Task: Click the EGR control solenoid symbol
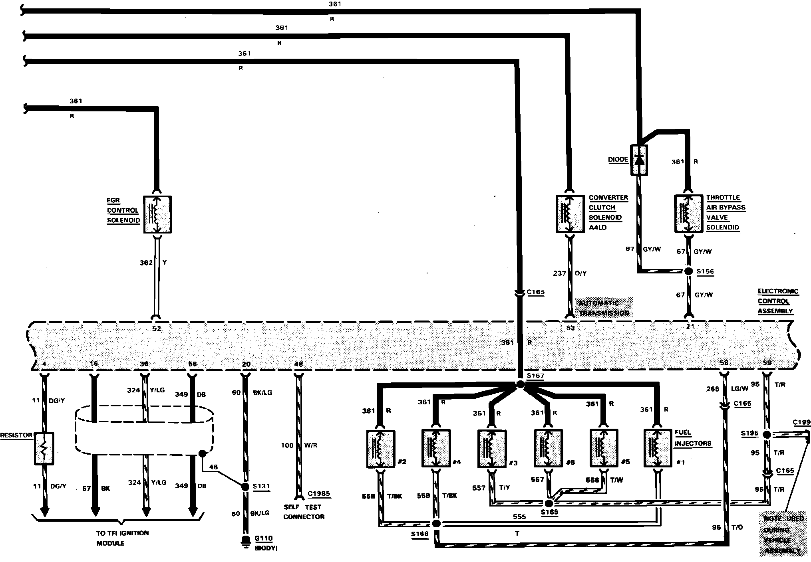[x=157, y=214]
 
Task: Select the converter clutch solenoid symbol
[x=570, y=214]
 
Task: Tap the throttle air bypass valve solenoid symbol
[x=688, y=214]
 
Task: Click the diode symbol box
[x=639, y=160]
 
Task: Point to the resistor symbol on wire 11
[x=44, y=448]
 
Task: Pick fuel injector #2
[x=380, y=449]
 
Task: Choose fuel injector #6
[x=549, y=448]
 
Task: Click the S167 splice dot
[x=520, y=384]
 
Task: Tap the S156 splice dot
[x=688, y=271]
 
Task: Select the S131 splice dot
[x=245, y=487]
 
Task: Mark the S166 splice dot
[x=436, y=524]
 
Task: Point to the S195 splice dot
[x=767, y=435]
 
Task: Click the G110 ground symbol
[x=245, y=543]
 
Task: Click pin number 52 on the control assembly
[x=157, y=328]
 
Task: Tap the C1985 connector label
[x=319, y=494]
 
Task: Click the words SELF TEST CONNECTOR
[x=304, y=512]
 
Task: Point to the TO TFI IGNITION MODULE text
[x=122, y=538]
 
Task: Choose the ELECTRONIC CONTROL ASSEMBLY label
[x=777, y=301]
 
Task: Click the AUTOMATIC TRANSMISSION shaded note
[x=603, y=308]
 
